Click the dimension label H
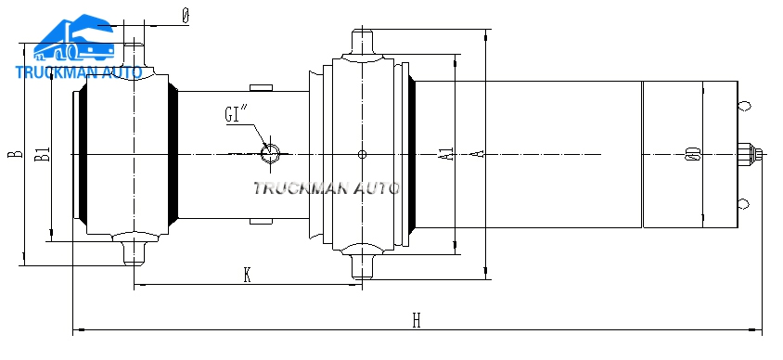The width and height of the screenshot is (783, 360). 417,320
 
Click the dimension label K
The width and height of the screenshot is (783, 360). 247,275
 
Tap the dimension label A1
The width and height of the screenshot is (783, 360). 449,153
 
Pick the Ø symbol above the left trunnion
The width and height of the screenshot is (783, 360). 186,17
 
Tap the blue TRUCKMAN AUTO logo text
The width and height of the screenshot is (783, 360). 79,72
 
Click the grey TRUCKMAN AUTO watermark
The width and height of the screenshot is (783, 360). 326,188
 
